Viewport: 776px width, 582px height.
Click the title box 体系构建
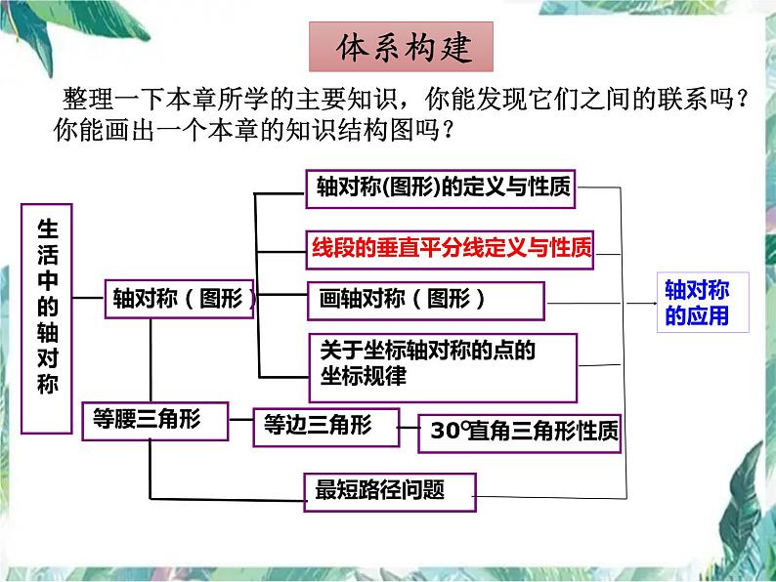click(x=403, y=47)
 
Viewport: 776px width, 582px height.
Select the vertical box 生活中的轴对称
click(x=48, y=317)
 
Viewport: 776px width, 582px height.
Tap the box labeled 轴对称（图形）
click(x=180, y=299)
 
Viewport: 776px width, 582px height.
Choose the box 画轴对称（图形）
click(x=424, y=300)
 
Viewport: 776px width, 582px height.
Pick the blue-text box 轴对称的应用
click(x=697, y=303)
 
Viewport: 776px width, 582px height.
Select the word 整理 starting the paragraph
click(x=82, y=99)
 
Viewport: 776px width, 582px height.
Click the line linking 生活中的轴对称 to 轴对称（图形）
click(x=90, y=291)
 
